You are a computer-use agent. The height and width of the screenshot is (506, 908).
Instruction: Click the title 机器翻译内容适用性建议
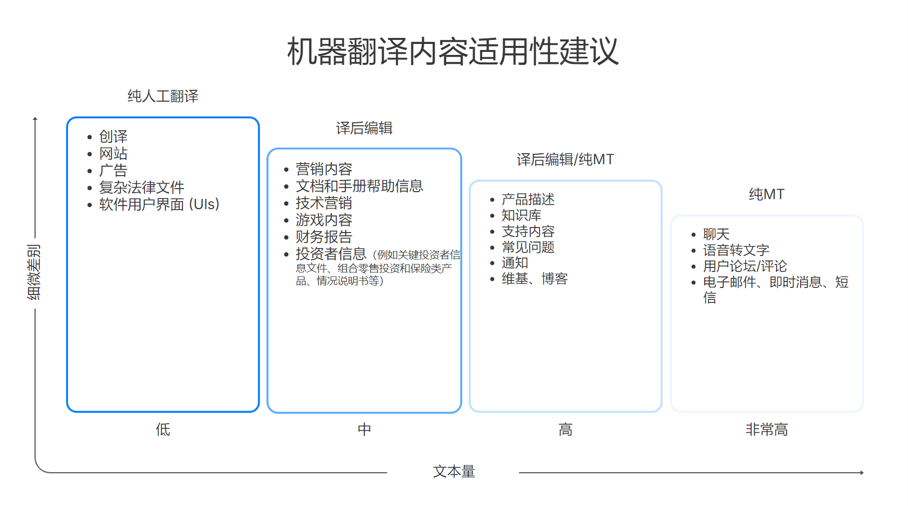coord(453,51)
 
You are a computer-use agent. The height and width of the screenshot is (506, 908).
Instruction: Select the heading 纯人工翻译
coord(163,96)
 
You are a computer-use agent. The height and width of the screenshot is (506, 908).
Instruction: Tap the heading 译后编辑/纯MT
coord(565,160)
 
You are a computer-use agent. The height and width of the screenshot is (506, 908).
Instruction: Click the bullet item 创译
coord(113,136)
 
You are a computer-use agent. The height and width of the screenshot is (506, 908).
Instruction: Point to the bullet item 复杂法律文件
coord(141,188)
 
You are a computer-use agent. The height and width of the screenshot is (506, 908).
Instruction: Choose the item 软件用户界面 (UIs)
coord(159,205)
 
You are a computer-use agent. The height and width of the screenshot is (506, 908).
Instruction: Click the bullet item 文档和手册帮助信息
coord(359,186)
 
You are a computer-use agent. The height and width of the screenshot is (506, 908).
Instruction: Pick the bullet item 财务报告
coord(324,237)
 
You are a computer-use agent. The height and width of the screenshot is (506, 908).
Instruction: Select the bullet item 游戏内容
coord(324,220)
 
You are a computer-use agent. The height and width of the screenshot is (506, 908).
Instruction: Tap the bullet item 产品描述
coord(528,200)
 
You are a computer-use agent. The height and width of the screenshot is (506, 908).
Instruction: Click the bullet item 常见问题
coord(528,247)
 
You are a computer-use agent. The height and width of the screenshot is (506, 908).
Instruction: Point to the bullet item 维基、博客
coord(534,279)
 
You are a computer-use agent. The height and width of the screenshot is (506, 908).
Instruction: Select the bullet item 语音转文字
coord(736,250)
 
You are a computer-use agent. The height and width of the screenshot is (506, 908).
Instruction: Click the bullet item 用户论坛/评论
coord(745,266)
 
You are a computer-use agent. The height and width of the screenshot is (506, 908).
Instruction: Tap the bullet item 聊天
coord(716,234)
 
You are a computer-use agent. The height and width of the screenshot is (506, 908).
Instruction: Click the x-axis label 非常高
coord(767,429)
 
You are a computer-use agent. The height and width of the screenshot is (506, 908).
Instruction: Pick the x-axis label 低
coord(163,429)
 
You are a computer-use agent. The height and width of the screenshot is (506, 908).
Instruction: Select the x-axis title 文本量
coord(454,472)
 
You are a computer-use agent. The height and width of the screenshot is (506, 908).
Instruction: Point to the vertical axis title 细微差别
coord(33,272)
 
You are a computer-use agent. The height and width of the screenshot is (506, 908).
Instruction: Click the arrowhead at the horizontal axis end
coord(862,473)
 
